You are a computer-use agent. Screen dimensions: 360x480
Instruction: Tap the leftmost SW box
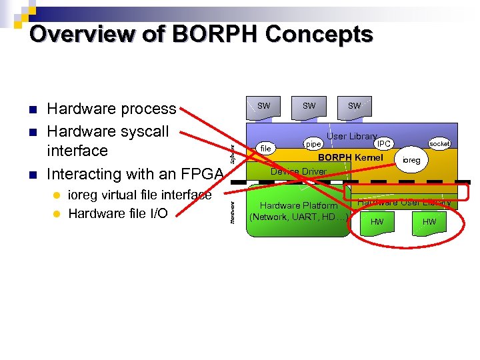coord(265,107)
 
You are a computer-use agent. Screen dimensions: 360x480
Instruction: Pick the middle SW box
coord(309,107)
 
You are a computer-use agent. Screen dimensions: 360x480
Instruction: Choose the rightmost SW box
coord(355,107)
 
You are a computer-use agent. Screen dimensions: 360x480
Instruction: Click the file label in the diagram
coord(266,149)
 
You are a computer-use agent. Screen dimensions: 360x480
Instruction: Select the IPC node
coord(383,143)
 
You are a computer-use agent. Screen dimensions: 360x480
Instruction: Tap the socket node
coord(440,143)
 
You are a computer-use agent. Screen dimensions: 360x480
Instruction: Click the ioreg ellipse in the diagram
coord(411,161)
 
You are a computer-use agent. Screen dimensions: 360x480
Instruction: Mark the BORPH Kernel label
coord(351,158)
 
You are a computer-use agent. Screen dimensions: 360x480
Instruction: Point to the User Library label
coord(351,136)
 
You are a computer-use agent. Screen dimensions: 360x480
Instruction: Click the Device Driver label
coord(298,171)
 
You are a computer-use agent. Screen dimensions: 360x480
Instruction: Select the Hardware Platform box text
coord(298,211)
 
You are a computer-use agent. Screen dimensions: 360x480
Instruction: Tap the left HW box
coord(377,221)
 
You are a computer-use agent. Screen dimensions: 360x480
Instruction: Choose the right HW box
coord(429,221)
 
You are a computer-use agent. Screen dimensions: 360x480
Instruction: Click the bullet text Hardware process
coord(111,109)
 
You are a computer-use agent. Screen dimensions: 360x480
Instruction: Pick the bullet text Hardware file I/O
coord(118,213)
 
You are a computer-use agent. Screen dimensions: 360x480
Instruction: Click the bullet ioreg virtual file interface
coord(140,195)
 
